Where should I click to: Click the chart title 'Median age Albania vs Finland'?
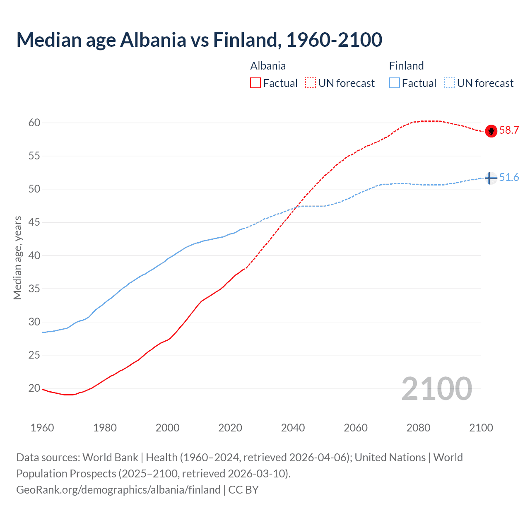[199, 40]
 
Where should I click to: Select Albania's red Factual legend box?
[255, 83]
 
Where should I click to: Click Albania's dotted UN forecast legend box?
[311, 83]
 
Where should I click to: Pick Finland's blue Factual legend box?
[394, 83]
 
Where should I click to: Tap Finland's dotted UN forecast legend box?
[449, 83]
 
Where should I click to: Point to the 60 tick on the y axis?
[34, 123]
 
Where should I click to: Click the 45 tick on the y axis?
[34, 222]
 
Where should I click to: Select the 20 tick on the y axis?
[34, 388]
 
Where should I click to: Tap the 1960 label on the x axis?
[42, 428]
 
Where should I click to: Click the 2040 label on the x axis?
[293, 428]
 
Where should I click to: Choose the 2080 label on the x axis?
[418, 428]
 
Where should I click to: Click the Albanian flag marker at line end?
[491, 131]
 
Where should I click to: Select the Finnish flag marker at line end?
[491, 178]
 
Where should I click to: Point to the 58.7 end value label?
[509, 130]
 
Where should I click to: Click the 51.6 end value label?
[509, 178]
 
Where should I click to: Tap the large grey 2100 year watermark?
[436, 389]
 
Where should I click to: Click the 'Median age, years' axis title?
[17, 258]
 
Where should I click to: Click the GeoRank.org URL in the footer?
[118, 490]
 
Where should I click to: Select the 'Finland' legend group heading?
[406, 66]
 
